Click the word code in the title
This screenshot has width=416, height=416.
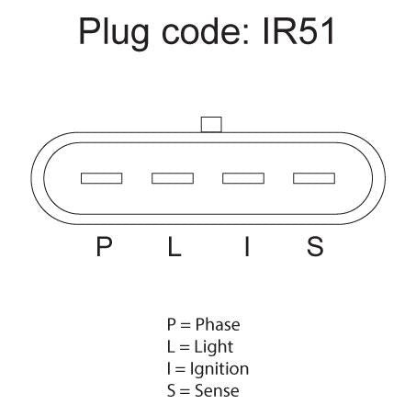click(x=200, y=31)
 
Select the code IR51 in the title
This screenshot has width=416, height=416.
click(x=298, y=31)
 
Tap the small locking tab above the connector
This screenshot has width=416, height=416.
click(x=211, y=125)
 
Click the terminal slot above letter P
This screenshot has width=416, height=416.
click(x=102, y=178)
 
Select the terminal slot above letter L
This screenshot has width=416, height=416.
click(x=173, y=178)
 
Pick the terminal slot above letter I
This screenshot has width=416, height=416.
click(x=243, y=178)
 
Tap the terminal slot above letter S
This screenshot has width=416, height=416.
click(x=314, y=178)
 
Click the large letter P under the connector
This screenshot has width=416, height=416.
click(x=104, y=246)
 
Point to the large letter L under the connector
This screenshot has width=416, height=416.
click(x=174, y=246)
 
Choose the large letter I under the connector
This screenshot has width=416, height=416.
click(x=247, y=246)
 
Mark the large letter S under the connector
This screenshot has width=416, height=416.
click(x=315, y=246)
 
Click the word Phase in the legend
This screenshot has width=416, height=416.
click(x=218, y=324)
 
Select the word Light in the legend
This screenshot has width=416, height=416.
click(x=214, y=347)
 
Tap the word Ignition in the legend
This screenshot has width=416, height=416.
click(x=219, y=369)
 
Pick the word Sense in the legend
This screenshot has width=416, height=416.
click(x=217, y=391)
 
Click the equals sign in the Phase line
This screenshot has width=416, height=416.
click(x=186, y=325)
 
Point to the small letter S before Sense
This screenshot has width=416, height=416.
click(x=172, y=391)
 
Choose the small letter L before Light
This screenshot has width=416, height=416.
click(x=171, y=346)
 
